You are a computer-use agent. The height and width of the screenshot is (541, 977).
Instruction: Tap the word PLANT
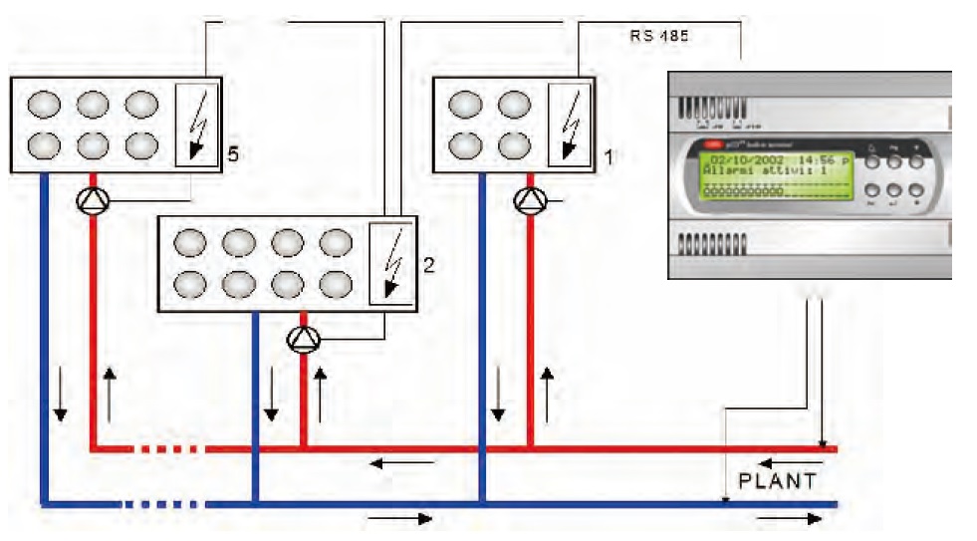click(x=777, y=481)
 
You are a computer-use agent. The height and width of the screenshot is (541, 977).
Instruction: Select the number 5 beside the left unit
click(x=233, y=153)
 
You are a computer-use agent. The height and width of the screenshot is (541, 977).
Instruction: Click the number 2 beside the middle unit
click(x=427, y=265)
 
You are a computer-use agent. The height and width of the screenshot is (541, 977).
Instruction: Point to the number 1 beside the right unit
click(x=611, y=155)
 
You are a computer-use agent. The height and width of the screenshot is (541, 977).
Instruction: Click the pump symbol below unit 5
click(x=92, y=201)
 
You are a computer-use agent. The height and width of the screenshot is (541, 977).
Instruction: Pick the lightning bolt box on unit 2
click(x=387, y=262)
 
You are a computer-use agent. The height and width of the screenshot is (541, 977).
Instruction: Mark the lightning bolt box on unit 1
click(x=570, y=123)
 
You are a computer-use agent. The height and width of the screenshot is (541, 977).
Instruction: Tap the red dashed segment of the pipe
click(x=171, y=449)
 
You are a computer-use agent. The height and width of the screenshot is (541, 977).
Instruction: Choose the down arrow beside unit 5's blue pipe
click(x=61, y=401)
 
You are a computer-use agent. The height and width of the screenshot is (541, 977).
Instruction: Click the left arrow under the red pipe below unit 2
click(x=403, y=463)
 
